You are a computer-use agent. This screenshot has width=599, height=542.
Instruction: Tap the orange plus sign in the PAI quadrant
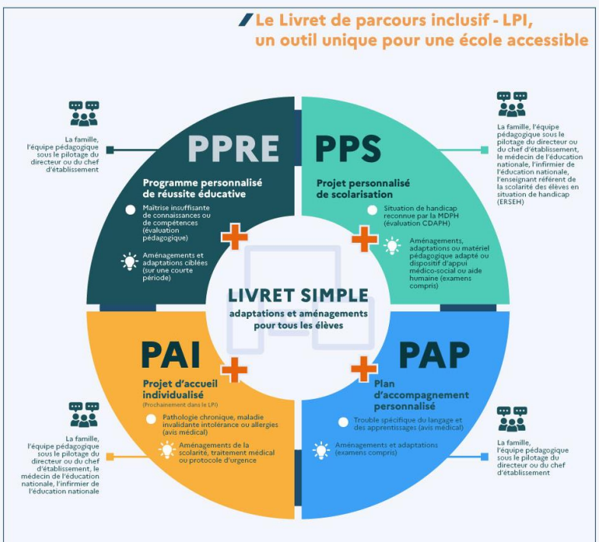pos(234,368)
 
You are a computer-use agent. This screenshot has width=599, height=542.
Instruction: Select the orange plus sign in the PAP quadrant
pos(365,368)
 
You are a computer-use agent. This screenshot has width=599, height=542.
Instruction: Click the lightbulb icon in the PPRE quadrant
pos(129,261)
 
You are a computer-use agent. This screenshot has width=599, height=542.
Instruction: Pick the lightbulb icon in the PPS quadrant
pos(393,246)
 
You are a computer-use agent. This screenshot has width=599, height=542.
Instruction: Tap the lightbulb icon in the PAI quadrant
pos(166,450)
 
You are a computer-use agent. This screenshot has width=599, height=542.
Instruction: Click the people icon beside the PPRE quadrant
pos(84,113)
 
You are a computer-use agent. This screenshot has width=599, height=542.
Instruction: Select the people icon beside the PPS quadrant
pos(511,104)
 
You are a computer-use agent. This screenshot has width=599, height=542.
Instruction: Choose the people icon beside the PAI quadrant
pos(84,414)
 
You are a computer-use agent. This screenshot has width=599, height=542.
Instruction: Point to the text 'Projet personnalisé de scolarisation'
pos(363,188)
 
